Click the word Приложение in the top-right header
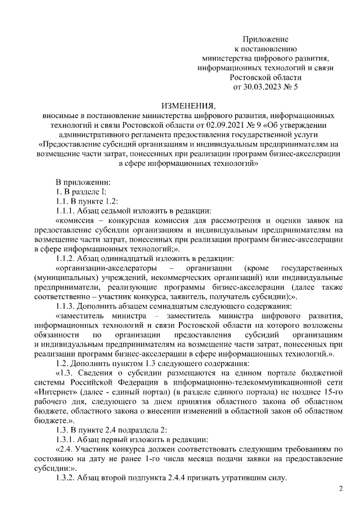click(x=265, y=39)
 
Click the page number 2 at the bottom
click(x=340, y=489)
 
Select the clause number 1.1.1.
click(x=67, y=211)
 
